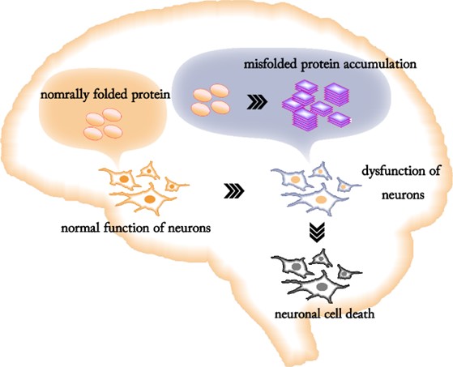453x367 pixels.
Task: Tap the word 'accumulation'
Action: pyautogui.click(x=380, y=64)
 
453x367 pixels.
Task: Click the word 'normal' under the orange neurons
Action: pyautogui.click(x=79, y=228)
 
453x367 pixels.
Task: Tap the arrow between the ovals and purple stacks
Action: pyautogui.click(x=257, y=104)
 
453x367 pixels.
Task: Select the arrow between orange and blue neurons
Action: pyautogui.click(x=233, y=192)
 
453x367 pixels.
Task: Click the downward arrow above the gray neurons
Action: pyautogui.click(x=317, y=232)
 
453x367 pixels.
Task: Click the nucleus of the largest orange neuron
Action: pyautogui.click(x=150, y=199)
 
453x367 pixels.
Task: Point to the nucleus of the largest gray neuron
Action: pyautogui.click(x=322, y=287)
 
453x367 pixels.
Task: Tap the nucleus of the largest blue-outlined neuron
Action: pyautogui.click(x=321, y=199)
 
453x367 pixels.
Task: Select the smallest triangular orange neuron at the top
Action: pyautogui.click(x=148, y=171)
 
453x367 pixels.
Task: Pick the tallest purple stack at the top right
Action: pyautogui.click(x=336, y=95)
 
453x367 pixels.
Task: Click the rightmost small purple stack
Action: pyautogui.click(x=340, y=120)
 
